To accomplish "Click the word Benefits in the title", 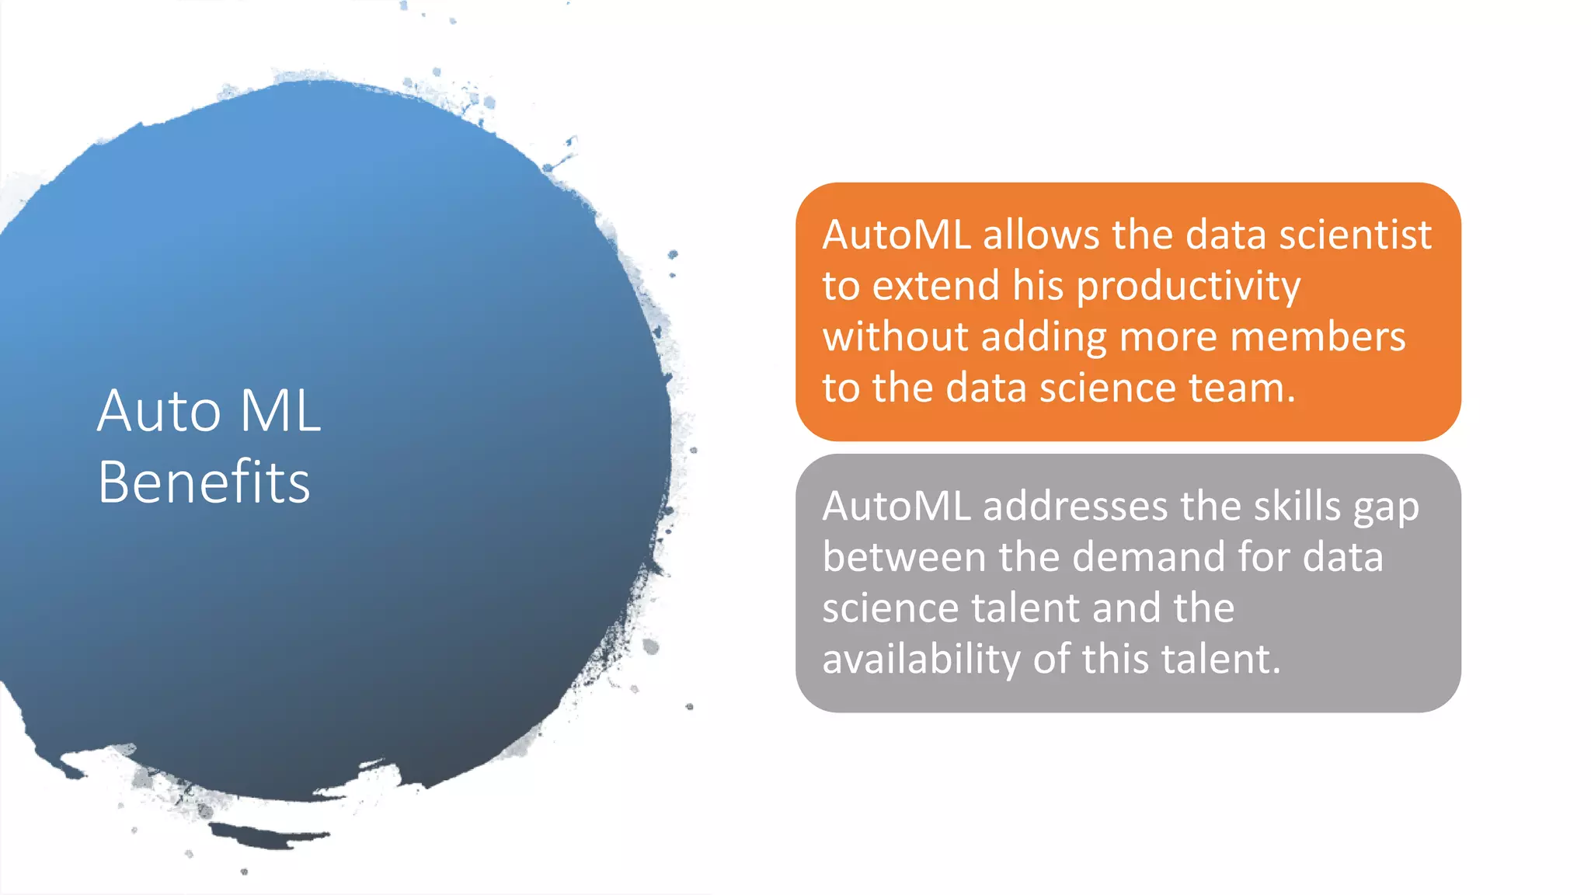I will tap(204, 482).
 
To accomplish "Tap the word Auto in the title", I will tap(159, 410).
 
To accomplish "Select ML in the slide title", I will tap(280, 410).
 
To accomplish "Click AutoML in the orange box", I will tap(896, 235).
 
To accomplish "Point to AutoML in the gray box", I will tap(896, 507).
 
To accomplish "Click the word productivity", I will tap(1189, 287).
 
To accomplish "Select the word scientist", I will tap(1355, 235).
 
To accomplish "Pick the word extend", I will tap(935, 286).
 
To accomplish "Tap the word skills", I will tap(1297, 507).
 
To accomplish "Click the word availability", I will tap(921, 660).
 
